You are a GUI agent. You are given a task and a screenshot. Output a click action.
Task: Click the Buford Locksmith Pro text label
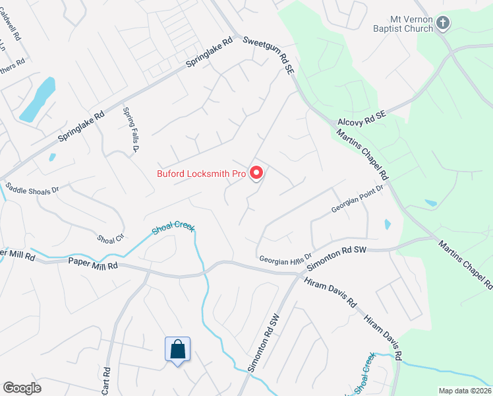click(x=201, y=174)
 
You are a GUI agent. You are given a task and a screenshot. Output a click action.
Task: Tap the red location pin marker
click(x=256, y=173)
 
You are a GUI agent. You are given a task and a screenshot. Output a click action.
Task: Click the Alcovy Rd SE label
click(x=364, y=118)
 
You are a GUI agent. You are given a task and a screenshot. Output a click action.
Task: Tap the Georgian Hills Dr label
click(x=284, y=261)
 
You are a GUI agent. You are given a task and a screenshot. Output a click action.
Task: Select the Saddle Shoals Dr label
click(x=32, y=187)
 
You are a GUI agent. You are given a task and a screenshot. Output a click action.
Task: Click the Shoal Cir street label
click(x=110, y=239)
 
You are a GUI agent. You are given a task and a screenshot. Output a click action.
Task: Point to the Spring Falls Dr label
click(x=129, y=130)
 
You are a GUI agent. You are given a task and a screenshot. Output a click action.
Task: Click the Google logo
click(x=22, y=388)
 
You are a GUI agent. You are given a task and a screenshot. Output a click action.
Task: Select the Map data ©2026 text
click(x=465, y=391)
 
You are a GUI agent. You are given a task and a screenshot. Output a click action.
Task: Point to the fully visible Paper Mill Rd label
click(x=93, y=264)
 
